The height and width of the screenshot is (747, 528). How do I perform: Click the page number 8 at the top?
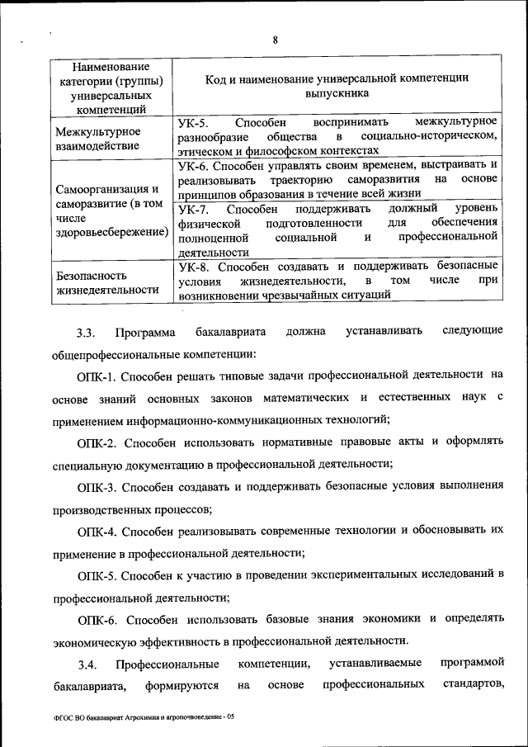click(x=276, y=40)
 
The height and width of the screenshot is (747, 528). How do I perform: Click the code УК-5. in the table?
click(x=194, y=122)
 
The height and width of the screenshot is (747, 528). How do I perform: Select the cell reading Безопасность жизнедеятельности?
click(x=105, y=281)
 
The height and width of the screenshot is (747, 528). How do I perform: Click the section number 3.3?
click(x=87, y=333)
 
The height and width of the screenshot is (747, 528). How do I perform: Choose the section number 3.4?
click(x=87, y=664)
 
